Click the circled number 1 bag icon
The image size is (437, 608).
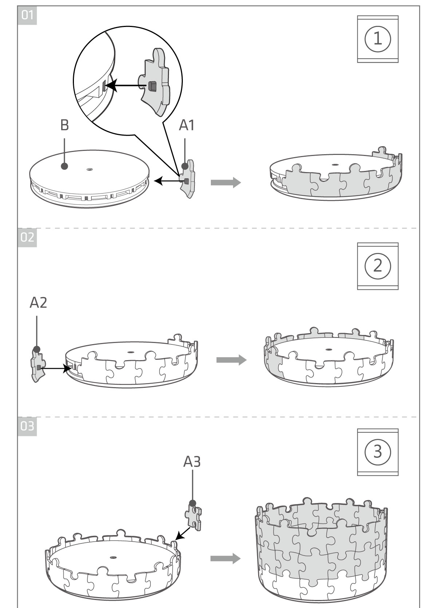point(378,39)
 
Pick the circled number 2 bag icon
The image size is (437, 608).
point(378,266)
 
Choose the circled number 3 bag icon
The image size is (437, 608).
point(378,452)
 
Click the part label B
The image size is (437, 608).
point(64,125)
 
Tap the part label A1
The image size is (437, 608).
point(187,125)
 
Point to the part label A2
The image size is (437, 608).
point(38,303)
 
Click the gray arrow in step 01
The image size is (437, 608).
point(226,182)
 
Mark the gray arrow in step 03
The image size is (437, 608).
point(226,558)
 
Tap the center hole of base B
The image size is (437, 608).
point(90,169)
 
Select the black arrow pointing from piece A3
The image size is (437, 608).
point(183,533)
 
